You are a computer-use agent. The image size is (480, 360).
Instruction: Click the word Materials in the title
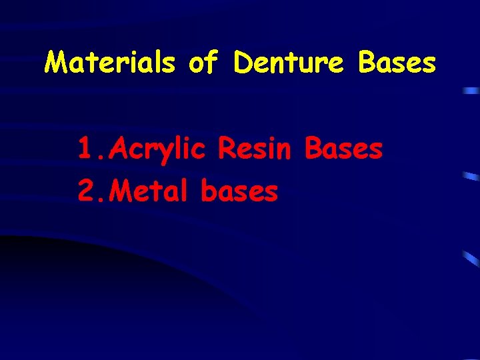(x=110, y=63)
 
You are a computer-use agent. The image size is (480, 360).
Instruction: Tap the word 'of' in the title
(x=204, y=63)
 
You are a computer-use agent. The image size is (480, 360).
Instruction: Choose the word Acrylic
(x=157, y=151)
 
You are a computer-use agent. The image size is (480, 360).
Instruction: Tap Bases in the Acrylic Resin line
(x=343, y=149)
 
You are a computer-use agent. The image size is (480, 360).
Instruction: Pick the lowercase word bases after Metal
(x=239, y=192)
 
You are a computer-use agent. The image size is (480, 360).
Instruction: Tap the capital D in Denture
(x=244, y=63)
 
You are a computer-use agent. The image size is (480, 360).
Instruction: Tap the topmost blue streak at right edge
(x=471, y=90)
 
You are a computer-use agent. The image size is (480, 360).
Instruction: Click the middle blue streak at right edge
(x=471, y=177)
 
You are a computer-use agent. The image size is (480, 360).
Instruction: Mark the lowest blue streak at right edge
(x=471, y=259)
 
